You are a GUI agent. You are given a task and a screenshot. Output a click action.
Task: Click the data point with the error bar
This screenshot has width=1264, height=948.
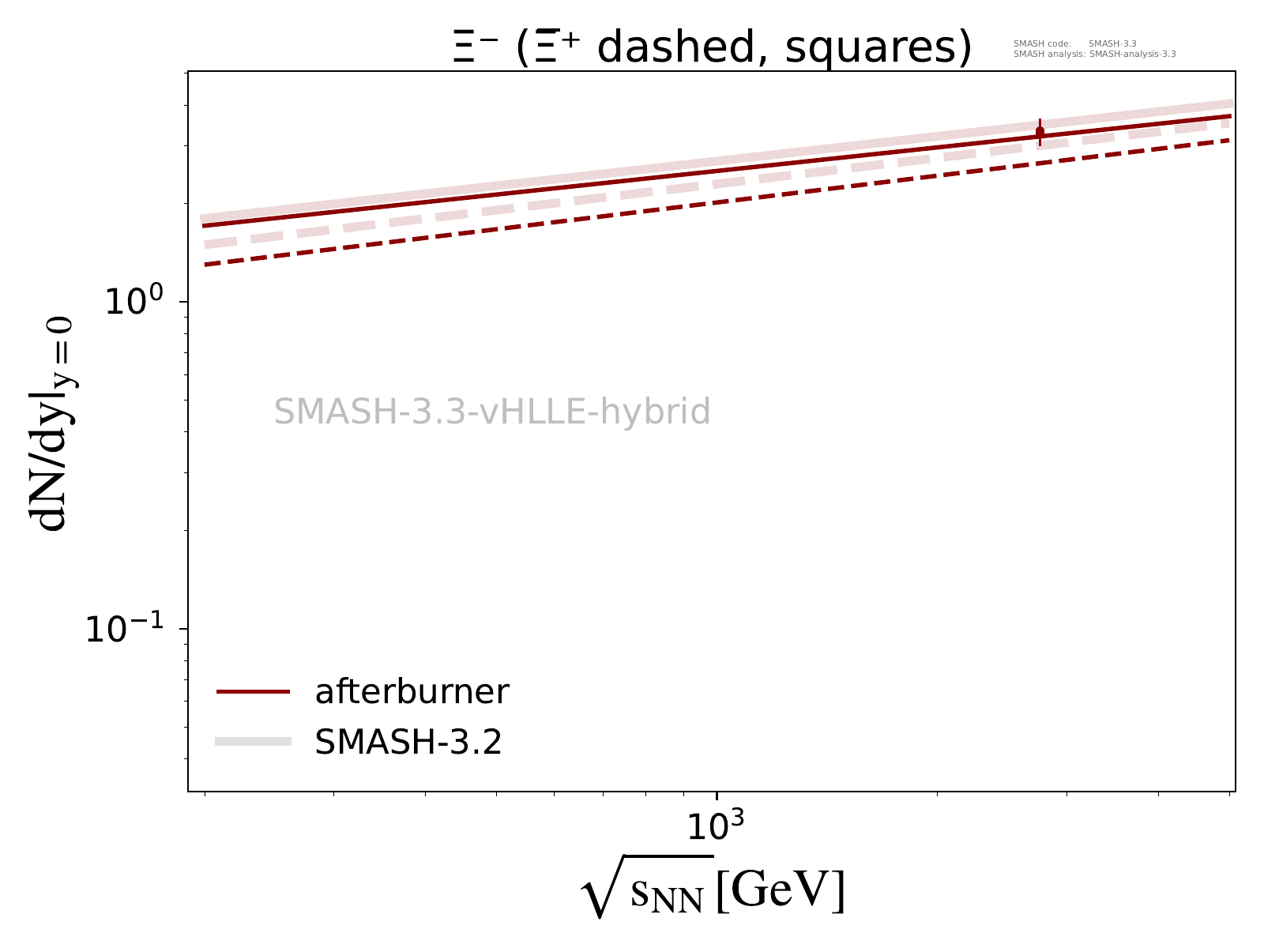1040,132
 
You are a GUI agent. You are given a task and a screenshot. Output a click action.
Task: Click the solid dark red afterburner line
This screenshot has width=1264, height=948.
553,186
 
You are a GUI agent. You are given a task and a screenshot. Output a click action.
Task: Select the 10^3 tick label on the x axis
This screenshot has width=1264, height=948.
715,826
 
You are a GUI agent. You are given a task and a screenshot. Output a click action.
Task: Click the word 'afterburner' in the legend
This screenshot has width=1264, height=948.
412,692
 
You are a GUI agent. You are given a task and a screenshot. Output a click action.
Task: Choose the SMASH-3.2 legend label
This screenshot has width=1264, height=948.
408,742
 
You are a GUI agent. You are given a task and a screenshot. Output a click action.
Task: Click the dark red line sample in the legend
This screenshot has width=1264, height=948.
254,692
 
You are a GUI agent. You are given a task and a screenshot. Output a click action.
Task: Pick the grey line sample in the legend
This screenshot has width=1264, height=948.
254,741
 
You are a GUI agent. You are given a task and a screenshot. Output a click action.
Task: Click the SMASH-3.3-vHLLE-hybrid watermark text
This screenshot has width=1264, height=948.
492,412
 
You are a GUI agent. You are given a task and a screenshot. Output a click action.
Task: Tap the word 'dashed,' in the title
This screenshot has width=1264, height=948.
679,49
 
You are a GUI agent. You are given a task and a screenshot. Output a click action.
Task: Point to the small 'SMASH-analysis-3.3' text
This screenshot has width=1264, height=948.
1132,55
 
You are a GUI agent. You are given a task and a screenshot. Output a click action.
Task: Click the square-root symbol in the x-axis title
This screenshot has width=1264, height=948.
604,889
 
